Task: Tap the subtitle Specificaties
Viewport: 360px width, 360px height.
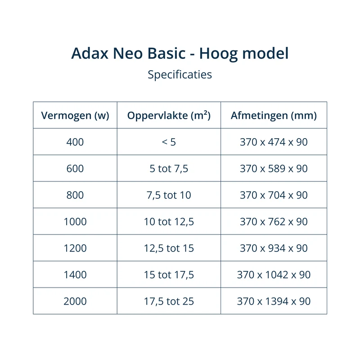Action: pyautogui.click(x=180, y=75)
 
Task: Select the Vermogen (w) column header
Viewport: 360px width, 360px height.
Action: pyautogui.click(x=75, y=115)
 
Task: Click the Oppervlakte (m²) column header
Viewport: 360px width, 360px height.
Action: pyautogui.click(x=169, y=115)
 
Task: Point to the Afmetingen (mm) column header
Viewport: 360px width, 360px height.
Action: pyautogui.click(x=274, y=115)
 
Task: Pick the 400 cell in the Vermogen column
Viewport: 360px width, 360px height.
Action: pyautogui.click(x=75, y=142)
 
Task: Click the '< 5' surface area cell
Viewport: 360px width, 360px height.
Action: pyautogui.click(x=169, y=142)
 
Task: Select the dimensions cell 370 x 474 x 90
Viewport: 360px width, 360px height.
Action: pyautogui.click(x=274, y=142)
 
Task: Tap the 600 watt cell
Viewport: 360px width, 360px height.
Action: pyautogui.click(x=75, y=168)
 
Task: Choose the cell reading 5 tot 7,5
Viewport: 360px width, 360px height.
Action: pyautogui.click(x=169, y=169)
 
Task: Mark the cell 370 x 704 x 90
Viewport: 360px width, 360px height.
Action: pyautogui.click(x=274, y=195)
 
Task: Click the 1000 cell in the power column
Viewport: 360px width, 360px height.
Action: pyautogui.click(x=75, y=221)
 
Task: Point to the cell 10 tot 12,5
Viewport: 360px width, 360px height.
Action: pyautogui.click(x=169, y=222)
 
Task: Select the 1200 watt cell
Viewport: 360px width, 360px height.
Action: pyautogui.click(x=75, y=248)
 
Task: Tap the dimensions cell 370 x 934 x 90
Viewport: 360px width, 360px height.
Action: pyautogui.click(x=274, y=248)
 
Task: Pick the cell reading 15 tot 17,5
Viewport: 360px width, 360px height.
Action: pyautogui.click(x=169, y=275)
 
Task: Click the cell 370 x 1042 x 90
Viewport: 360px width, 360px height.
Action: pyautogui.click(x=274, y=274)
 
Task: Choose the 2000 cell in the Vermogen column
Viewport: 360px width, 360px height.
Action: pyautogui.click(x=75, y=301)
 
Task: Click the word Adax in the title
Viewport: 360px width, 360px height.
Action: pyautogui.click(x=90, y=53)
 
